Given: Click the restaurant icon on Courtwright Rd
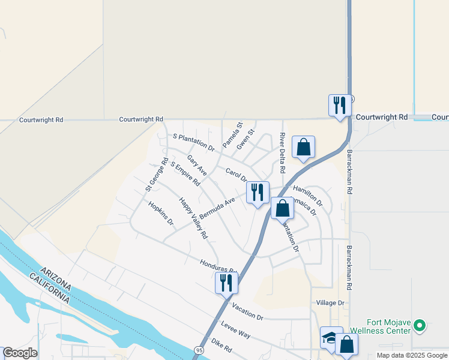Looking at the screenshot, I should pyautogui.click(x=340, y=106).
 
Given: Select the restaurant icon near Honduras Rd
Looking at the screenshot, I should pyautogui.click(x=226, y=282).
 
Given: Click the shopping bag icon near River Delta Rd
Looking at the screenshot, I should pyautogui.click(x=304, y=147).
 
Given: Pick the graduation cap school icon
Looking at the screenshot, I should pyautogui.click(x=330, y=338).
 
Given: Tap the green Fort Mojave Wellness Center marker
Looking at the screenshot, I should pyautogui.click(x=420, y=326).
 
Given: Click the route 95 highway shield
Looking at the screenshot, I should pyautogui.click(x=199, y=349).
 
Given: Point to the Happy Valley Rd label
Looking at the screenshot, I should pyautogui.click(x=193, y=218).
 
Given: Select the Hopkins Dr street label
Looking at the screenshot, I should pyautogui.click(x=160, y=214).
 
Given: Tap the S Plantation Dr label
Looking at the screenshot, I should pyautogui.click(x=193, y=142).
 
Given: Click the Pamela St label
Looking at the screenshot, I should pyautogui.click(x=232, y=135).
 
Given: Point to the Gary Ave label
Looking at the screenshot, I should pyautogui.click(x=196, y=165).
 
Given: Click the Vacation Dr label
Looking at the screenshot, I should pyautogui.click(x=247, y=311).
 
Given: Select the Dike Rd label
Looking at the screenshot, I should pyautogui.click(x=221, y=346).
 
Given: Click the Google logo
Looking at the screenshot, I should pyautogui.click(x=20, y=353).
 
